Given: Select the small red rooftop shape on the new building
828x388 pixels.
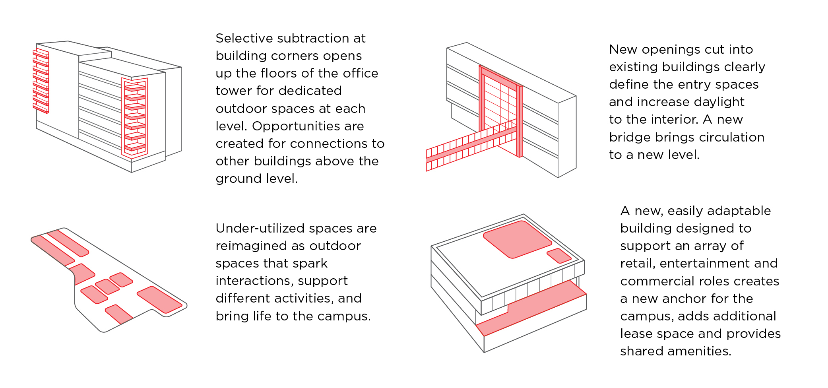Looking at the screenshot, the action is point(559,256).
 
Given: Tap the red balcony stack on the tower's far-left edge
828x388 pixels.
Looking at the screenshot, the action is point(41,81).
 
